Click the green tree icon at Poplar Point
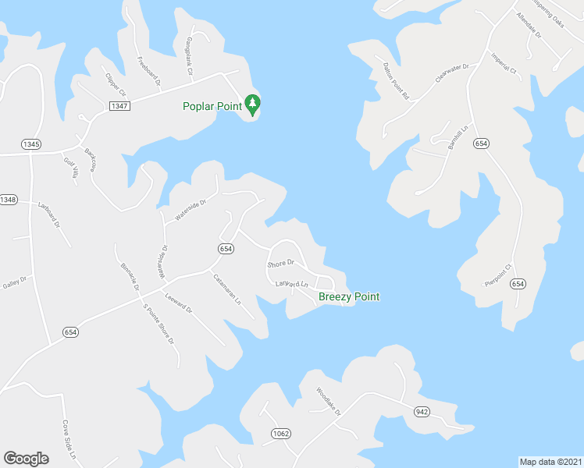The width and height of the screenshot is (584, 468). pos(252,103)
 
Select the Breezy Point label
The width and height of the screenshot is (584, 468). pos(349,297)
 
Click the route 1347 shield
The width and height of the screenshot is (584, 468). pos(119,106)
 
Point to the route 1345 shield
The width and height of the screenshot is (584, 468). pos(31,144)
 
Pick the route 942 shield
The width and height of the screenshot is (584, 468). pos(422,411)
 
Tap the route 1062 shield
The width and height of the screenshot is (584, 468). pos(281,433)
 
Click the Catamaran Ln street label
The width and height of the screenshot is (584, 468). pos(228,288)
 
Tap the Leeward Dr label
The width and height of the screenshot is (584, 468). pos(179,303)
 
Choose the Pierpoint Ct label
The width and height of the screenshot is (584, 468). pos(497,275)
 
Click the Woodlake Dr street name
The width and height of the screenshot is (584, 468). pos(329,401)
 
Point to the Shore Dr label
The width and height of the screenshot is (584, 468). pos(281,264)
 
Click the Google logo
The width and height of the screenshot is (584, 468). pos(27,459)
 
